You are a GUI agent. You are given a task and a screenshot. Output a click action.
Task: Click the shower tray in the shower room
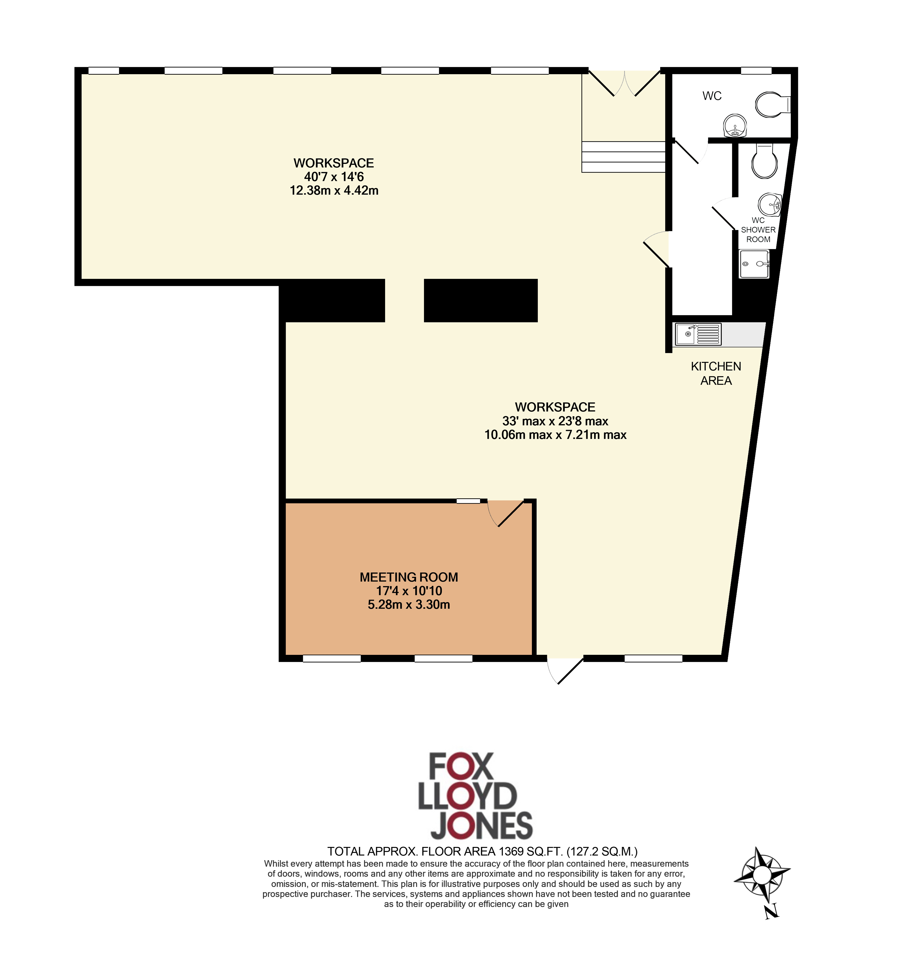pos(754,264)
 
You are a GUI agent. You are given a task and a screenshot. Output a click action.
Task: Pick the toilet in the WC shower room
pos(765,161)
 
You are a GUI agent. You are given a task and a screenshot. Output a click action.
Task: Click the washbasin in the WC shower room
pos(769,204)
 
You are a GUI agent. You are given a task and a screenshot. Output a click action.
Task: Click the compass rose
pos(762,875)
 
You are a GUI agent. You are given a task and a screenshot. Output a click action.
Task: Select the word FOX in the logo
pos(461,767)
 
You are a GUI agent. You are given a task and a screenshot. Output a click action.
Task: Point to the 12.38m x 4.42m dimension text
pos(334,190)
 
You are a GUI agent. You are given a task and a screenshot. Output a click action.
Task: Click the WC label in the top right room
pos(712,96)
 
